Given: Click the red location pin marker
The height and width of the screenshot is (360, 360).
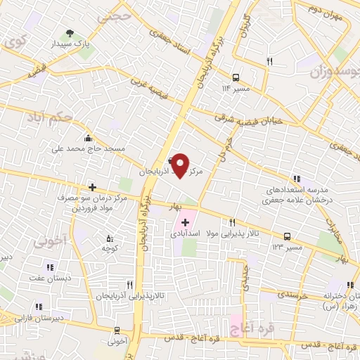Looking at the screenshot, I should (181, 165).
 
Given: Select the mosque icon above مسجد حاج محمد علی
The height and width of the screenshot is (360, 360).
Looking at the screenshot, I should (87, 138).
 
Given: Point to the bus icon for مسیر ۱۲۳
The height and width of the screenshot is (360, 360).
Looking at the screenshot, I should (287, 237).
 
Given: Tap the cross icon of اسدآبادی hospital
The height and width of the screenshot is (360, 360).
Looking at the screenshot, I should (175, 223).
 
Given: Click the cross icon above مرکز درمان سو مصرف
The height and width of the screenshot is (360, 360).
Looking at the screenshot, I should (91, 186).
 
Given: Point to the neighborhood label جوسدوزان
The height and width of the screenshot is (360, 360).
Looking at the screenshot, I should (328, 69).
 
